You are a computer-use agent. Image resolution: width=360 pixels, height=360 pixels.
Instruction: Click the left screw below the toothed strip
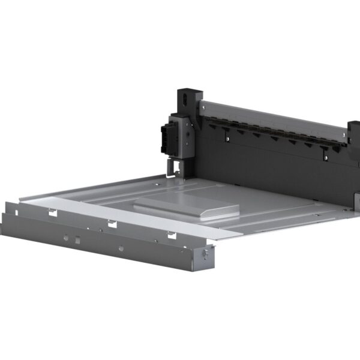[227, 139]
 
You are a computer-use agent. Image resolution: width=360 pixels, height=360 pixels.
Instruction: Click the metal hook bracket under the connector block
[174, 166]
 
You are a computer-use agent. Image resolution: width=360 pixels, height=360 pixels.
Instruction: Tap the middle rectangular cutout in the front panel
[112, 224]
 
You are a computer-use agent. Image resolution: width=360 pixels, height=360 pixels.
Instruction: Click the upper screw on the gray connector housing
[187, 124]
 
